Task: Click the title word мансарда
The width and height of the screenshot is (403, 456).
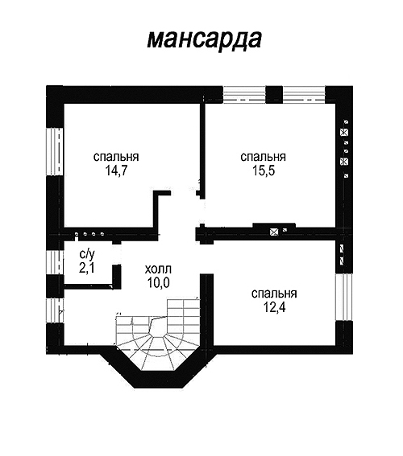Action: [x=204, y=39]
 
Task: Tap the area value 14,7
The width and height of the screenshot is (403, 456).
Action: [x=116, y=171]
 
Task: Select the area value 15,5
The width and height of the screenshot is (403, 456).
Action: [x=264, y=171]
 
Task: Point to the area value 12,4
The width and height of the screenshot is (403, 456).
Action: [x=274, y=308]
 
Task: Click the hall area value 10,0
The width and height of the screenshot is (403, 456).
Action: [x=159, y=282]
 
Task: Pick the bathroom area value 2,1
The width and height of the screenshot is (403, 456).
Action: [x=87, y=268]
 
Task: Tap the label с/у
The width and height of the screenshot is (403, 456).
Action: [x=87, y=255]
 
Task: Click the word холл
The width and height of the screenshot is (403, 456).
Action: [x=158, y=269]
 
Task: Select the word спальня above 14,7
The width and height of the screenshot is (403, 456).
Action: [x=116, y=157]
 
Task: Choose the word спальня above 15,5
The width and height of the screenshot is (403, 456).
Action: [x=263, y=157]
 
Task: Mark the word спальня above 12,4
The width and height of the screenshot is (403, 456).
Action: [x=274, y=294]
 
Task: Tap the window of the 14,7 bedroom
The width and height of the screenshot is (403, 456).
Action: [x=55, y=152]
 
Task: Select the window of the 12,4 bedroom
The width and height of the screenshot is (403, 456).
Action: [x=344, y=297]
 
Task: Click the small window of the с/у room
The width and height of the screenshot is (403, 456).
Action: [x=55, y=263]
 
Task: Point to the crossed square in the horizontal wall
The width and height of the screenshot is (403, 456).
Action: [x=273, y=232]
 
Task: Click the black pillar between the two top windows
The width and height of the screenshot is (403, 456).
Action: [x=274, y=95]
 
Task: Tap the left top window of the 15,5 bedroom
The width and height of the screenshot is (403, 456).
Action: [x=244, y=95]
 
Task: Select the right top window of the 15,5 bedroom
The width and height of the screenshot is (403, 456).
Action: [x=304, y=95]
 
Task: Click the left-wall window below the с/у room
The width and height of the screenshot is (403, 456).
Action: [x=55, y=310]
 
